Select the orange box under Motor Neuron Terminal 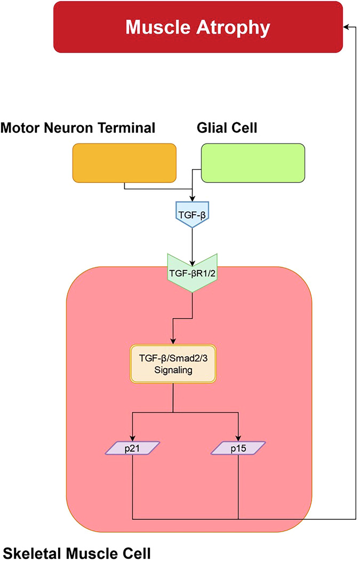(x=124, y=163)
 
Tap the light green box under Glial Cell (x=252, y=163)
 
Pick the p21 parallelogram (x=133, y=447)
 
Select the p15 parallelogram (x=238, y=447)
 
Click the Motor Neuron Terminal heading (x=78, y=128)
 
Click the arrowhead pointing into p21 (x=133, y=438)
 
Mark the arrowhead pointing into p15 (x=238, y=438)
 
